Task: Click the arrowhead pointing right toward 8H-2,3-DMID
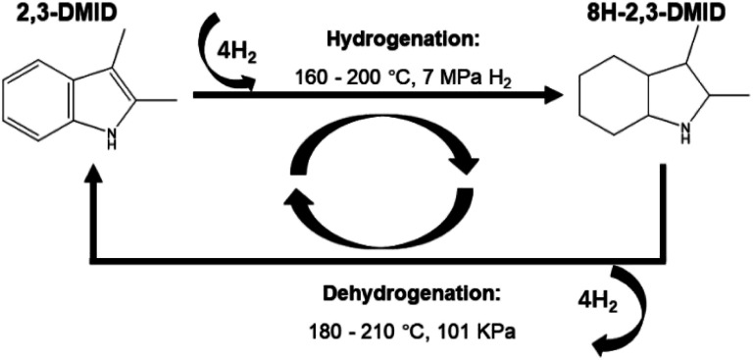coord(554,96)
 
